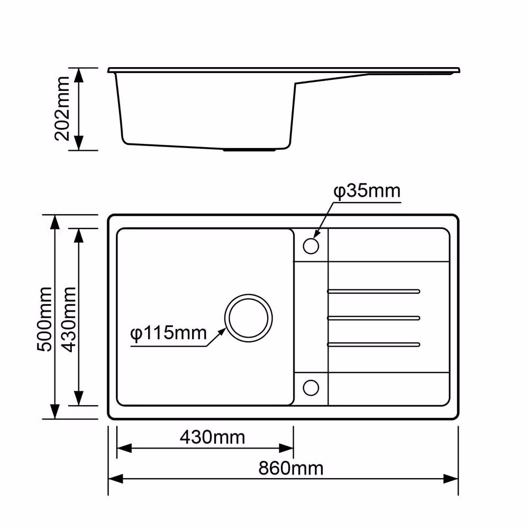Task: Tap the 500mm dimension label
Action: pyautogui.click(x=44, y=319)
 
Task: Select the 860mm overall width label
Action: pyautogui.click(x=291, y=468)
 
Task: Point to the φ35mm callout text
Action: pyautogui.click(x=367, y=191)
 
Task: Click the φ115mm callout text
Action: pyautogui.click(x=168, y=334)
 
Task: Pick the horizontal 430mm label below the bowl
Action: pyautogui.click(x=212, y=437)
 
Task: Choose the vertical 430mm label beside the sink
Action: pyautogui.click(x=69, y=319)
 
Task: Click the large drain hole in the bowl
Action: pyautogui.click(x=249, y=318)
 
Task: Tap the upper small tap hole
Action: pyautogui.click(x=311, y=245)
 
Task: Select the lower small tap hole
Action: pyautogui.click(x=311, y=388)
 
